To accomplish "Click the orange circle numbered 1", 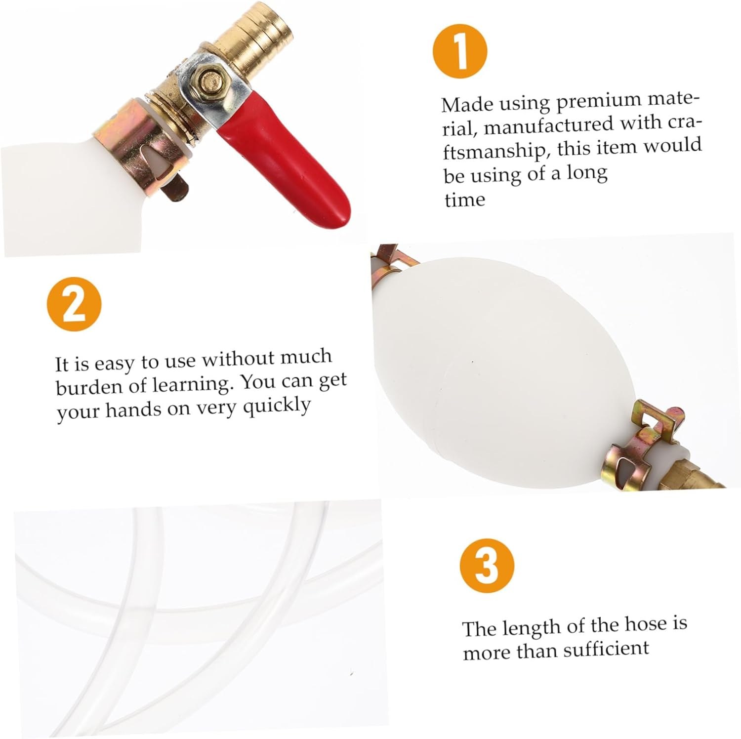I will point(460,51).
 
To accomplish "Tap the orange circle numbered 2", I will point(74,303).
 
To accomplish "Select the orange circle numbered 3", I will point(487,566).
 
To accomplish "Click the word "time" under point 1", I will point(464,200).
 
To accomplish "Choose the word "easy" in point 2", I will point(114,365).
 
